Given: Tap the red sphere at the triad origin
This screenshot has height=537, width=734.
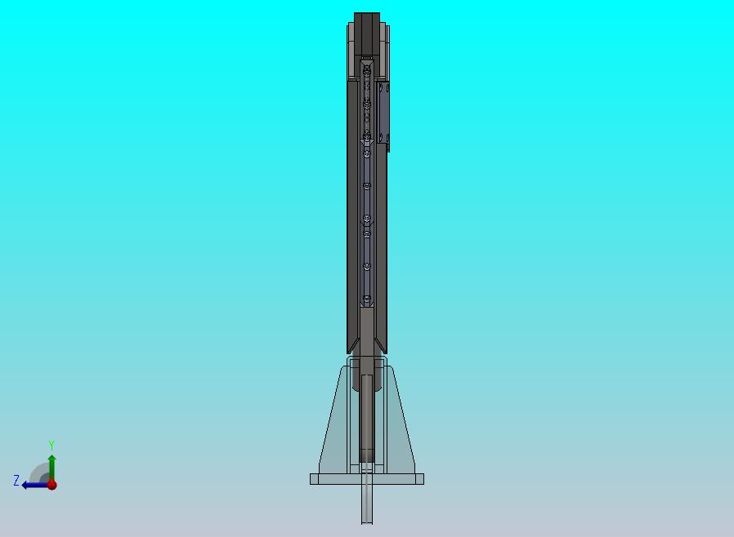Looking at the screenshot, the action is tap(52, 485).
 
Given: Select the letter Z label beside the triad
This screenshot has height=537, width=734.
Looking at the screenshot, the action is tap(16, 480).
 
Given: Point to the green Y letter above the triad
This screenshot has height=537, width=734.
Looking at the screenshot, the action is tap(51, 445).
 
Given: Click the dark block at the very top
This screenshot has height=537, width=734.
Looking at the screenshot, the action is tap(366, 33).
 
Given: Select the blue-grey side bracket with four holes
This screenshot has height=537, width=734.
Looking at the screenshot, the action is tap(383, 113).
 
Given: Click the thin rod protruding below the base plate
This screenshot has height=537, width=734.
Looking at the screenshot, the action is tap(366, 504).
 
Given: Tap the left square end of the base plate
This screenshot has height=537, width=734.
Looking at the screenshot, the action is tap(314, 478).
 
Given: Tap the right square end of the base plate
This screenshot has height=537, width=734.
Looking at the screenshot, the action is tap(419, 478).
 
